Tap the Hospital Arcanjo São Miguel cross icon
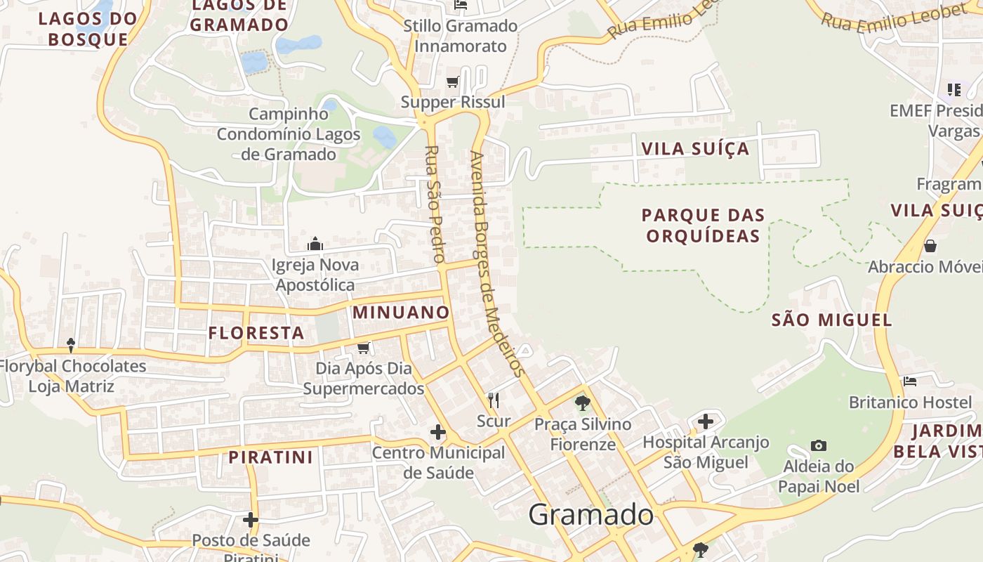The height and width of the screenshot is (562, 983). tap(706, 421)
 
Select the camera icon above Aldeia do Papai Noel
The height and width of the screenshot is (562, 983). tap(818, 445)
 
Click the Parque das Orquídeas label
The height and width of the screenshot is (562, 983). tap(703, 225)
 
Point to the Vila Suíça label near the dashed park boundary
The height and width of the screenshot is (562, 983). tap(695, 149)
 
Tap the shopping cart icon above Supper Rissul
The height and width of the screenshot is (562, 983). tap(453, 81)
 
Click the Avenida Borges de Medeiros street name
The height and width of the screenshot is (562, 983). tap(497, 263)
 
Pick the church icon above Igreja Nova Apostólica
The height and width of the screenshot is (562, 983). tap(315, 244)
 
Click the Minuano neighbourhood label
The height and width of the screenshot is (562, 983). tap(400, 313)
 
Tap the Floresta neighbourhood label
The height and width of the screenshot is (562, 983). tap(256, 333)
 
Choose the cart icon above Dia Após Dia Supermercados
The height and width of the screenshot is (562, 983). tap(364, 348)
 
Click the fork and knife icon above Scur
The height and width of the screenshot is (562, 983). tap(494, 400)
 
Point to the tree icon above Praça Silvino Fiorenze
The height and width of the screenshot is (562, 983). tap(582, 403)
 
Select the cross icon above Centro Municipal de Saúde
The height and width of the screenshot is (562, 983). tap(438, 431)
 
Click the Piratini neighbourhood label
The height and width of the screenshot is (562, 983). tap(270, 457)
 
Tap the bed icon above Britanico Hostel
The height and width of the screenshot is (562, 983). tap(910, 381)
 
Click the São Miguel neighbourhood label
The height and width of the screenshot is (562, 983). tap(831, 320)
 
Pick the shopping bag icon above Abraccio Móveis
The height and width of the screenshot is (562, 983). tap(930, 246)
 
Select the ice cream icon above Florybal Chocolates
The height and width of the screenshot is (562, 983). tap(71, 345)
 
